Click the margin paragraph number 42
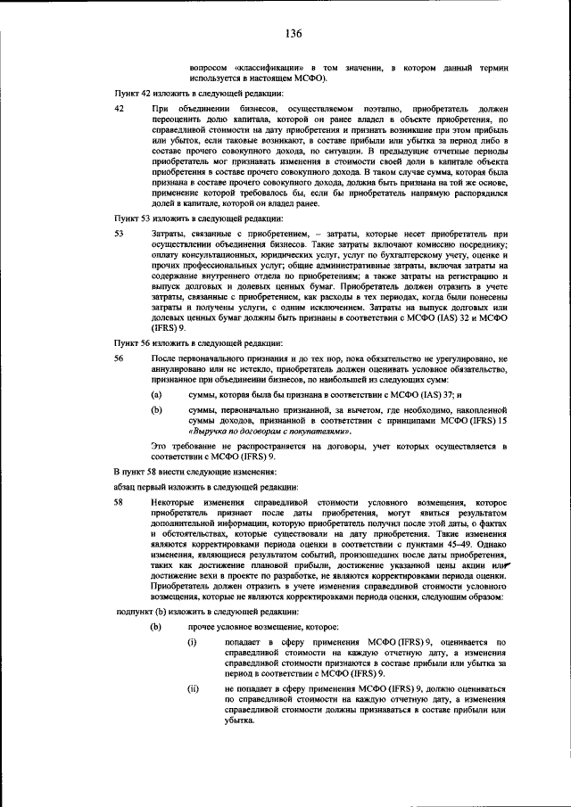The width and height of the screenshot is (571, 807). [x=120, y=108]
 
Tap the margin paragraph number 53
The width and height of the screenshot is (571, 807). [x=120, y=233]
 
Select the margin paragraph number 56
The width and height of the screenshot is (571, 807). [x=120, y=358]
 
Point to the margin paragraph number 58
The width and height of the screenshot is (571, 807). [x=120, y=503]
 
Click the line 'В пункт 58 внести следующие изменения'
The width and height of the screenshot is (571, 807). [x=194, y=470]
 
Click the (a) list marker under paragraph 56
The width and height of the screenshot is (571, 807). [x=156, y=393]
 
